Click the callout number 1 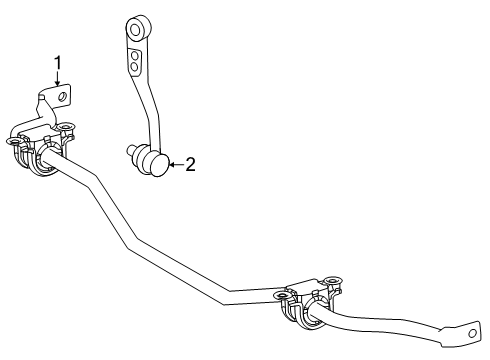click(58, 64)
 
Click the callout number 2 click(190, 165)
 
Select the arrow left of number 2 click(172, 164)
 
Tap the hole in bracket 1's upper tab click(63, 96)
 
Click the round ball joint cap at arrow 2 click(158, 163)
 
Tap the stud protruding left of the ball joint click(131, 150)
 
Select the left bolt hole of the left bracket click(13, 141)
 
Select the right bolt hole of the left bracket click(68, 127)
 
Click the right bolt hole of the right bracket click(335, 280)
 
